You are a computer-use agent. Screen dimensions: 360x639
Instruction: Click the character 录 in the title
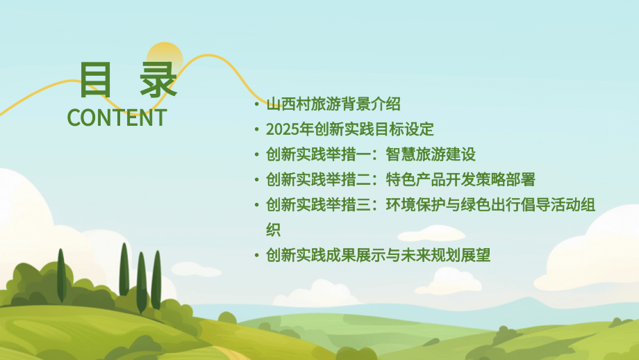pyautogui.click(x=157, y=80)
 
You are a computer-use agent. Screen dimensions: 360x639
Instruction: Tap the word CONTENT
pyautogui.click(x=117, y=117)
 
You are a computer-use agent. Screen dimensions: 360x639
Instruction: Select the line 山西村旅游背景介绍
pyautogui.click(x=333, y=104)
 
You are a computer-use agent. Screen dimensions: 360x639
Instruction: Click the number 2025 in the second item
pyautogui.click(x=281, y=129)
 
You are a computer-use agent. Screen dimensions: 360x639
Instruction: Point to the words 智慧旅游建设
pyautogui.click(x=431, y=154)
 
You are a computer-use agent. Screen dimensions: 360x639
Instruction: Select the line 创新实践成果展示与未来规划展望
pyautogui.click(x=378, y=255)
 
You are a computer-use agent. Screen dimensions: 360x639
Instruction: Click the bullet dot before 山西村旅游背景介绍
pyautogui.click(x=256, y=105)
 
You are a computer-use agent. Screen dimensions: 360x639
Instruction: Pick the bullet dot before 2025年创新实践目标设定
pyautogui.click(x=256, y=130)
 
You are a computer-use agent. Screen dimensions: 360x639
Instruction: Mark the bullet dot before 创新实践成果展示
pyautogui.click(x=256, y=256)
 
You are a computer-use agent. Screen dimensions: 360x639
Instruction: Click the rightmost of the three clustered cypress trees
pyautogui.click(x=156, y=278)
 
